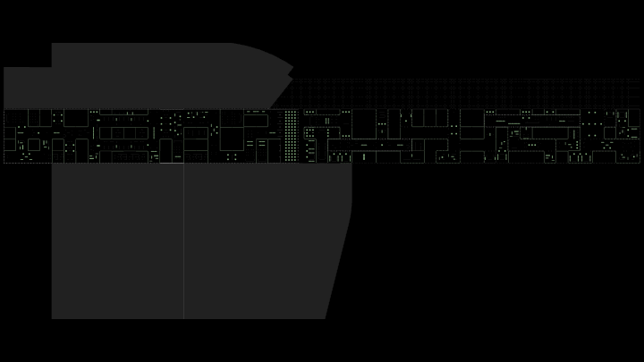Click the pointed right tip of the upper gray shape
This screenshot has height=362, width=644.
coord(293,70)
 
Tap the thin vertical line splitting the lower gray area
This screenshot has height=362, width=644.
coord(184,241)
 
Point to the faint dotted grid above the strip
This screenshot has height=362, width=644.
coord(465,93)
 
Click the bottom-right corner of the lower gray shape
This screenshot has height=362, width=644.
coord(325,318)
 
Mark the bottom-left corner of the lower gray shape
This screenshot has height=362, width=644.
coord(52,318)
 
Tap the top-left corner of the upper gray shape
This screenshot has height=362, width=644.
coord(52,43)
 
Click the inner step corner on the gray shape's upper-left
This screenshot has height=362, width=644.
coord(52,67)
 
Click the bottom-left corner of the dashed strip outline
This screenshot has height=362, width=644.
coord(4,163)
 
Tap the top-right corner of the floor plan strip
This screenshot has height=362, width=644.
coord(640,109)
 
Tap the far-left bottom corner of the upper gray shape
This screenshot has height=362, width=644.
coord(4,108)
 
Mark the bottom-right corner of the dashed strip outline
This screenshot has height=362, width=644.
coord(640,163)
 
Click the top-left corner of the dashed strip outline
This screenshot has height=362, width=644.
coord(4,109)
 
